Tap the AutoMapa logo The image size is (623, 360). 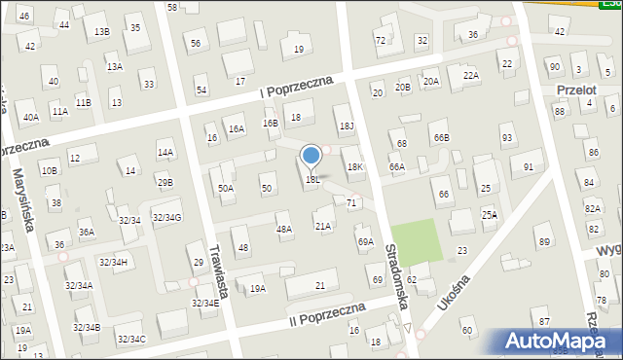(559, 342)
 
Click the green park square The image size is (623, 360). (416, 241)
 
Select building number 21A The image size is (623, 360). (322, 226)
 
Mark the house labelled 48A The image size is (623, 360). (284, 230)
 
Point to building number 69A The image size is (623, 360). (365, 241)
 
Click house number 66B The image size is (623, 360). (442, 137)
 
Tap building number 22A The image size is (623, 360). (471, 75)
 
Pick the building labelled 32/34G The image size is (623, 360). (165, 217)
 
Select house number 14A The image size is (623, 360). (165, 152)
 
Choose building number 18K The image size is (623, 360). (356, 166)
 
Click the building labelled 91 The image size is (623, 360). (529, 166)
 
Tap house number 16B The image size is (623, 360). (270, 123)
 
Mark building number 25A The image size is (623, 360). (489, 214)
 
